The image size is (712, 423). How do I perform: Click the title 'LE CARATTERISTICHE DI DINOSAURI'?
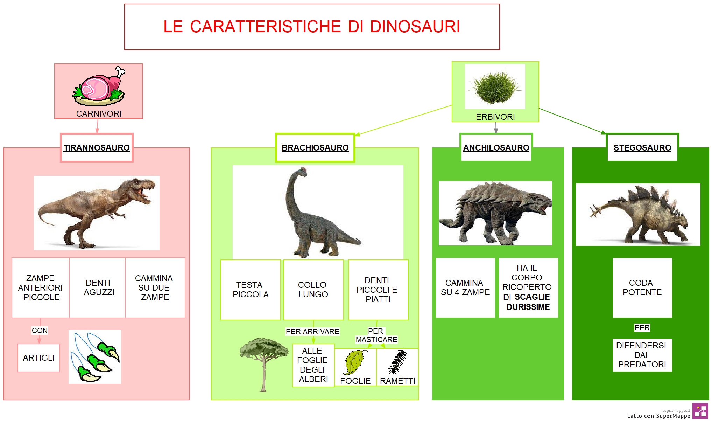coord(312,27)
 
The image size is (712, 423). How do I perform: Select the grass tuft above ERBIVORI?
coord(495,86)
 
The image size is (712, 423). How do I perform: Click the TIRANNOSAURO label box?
coord(97,147)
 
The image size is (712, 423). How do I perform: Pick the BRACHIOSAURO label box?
coord(315,147)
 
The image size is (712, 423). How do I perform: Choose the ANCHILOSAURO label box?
coord(496,147)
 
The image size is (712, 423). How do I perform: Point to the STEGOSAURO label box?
coord(642,147)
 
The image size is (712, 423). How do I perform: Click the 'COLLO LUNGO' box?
coord(313,290)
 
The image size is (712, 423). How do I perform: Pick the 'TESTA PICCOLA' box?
coord(251,290)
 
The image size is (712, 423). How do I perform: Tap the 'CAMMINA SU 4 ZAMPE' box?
coord(465,288)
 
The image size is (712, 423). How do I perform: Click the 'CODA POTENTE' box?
coord(642,288)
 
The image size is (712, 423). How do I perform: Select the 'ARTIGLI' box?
coord(39,358)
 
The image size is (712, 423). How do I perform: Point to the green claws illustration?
coord(95,357)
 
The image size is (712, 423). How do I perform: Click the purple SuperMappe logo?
coord(700,411)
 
